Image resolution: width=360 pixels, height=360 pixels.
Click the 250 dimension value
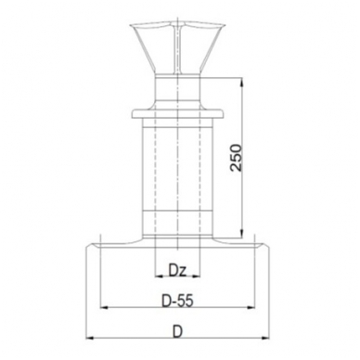click(x=237, y=158)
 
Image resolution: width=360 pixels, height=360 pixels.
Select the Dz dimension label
click(x=177, y=271)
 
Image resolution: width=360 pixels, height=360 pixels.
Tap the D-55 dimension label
click(x=177, y=301)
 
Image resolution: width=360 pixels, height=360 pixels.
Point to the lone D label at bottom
click(x=177, y=332)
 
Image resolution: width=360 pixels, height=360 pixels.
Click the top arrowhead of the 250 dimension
click(x=242, y=82)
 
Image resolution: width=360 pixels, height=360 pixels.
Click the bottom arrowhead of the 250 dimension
click(x=242, y=234)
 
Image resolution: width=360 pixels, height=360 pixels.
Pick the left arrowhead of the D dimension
click(x=89, y=339)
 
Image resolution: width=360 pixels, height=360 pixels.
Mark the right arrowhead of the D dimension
click(x=265, y=339)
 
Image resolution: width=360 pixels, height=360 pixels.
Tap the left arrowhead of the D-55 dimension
click(x=105, y=307)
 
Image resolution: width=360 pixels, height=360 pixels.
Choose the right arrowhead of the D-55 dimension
click(x=251, y=307)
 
